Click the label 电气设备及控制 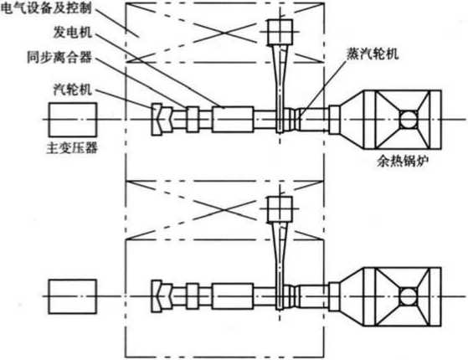coord(46,8)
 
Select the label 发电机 coord(73,33)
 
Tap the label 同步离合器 coord(59,57)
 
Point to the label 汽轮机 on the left coord(73,90)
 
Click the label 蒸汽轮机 coord(373,54)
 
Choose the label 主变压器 coord(72,147)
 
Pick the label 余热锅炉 coord(403,162)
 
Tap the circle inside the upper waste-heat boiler coord(409,120)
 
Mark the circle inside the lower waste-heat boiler coord(409,296)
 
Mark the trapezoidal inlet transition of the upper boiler coord(352,120)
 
